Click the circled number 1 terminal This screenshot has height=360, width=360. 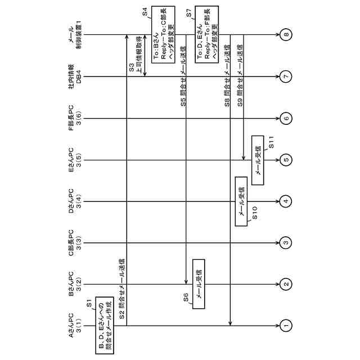click(286, 325)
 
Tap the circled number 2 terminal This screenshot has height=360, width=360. click(286, 284)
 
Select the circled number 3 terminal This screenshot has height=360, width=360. click(286, 243)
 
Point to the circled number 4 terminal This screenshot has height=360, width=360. click(286, 201)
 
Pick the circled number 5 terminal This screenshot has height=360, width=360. click(286, 160)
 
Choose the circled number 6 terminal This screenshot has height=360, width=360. click(286, 118)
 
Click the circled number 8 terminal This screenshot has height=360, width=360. click(286, 35)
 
